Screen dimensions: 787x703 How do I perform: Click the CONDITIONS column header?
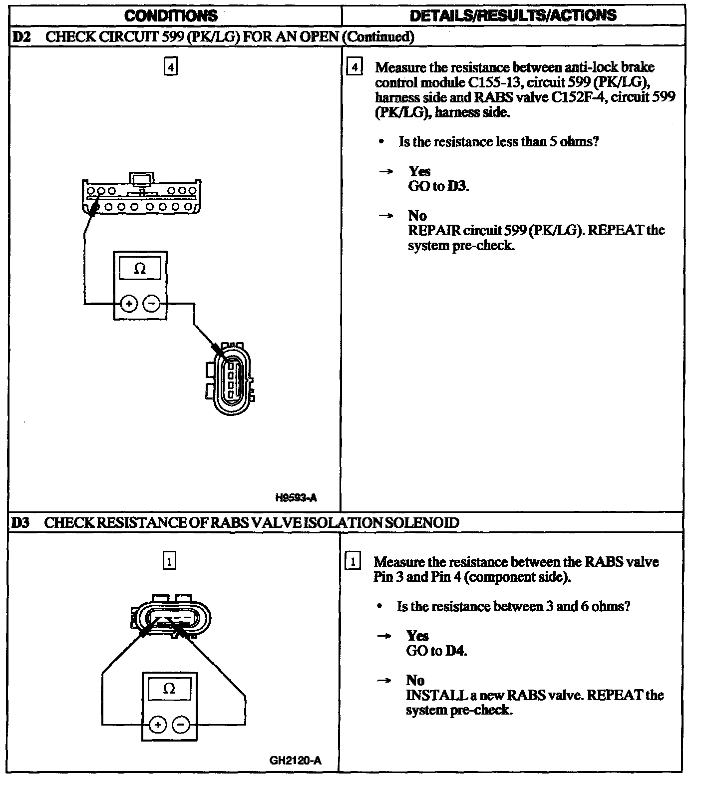tap(171, 15)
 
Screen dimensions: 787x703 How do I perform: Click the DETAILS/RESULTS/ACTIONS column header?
tap(513, 15)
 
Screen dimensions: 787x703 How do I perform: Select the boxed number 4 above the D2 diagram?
tap(171, 66)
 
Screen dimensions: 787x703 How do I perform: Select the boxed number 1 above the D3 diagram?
tap(169, 561)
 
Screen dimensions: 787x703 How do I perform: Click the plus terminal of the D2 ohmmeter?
tap(129, 304)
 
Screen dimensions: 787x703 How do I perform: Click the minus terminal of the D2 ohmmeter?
tap(152, 304)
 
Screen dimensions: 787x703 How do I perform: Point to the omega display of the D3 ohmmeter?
tap(169, 689)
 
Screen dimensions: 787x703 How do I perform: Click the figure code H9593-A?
tap(296, 497)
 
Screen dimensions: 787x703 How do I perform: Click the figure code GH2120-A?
tap(296, 761)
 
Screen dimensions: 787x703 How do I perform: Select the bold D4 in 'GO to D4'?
tap(455, 651)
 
